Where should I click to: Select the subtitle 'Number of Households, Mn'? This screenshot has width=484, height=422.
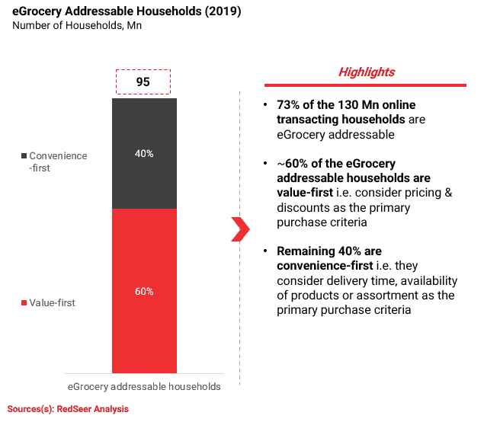tap(76, 26)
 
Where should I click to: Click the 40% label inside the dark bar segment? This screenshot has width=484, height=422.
tap(144, 153)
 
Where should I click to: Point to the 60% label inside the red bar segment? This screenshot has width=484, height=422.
tap(144, 291)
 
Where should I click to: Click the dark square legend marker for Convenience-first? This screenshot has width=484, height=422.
tap(23, 156)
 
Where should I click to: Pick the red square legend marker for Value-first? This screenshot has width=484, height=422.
tap(23, 303)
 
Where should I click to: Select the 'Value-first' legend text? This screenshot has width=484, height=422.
tap(53, 303)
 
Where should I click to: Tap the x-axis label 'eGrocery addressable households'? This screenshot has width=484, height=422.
tap(144, 386)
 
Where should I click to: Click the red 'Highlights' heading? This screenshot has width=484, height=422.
tap(366, 72)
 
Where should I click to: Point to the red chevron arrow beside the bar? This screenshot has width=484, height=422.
tap(240, 229)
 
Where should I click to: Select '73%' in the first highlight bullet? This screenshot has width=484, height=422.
tap(289, 105)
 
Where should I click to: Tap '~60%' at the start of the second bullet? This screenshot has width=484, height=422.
tap(293, 163)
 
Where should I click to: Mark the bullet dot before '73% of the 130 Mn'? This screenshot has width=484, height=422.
tap(265, 105)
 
